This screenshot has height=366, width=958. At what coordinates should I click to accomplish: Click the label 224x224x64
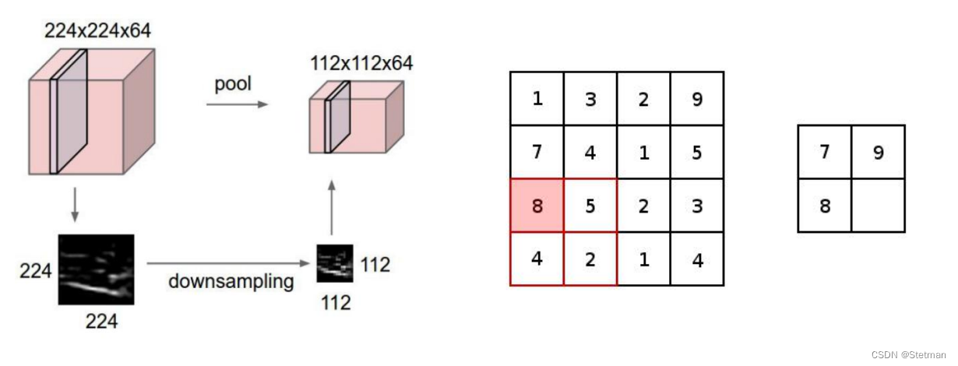tap(97, 32)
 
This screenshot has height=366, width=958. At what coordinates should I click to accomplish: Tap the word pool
tap(233, 83)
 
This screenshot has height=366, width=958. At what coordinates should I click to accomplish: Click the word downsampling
tap(231, 281)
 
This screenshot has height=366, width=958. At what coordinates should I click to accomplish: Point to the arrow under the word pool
tap(236, 104)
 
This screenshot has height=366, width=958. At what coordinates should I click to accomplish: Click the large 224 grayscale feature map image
tap(97, 269)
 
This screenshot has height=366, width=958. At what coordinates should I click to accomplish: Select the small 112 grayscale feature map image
tap(335, 263)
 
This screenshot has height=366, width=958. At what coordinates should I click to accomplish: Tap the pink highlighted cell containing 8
tap(537, 206)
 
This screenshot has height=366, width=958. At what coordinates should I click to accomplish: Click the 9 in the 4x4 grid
tap(697, 99)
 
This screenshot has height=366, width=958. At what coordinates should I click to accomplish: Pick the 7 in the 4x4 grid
tap(537, 153)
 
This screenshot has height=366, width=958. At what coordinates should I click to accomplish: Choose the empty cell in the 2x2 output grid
tap(878, 206)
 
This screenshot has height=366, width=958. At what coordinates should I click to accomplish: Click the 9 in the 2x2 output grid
tap(878, 153)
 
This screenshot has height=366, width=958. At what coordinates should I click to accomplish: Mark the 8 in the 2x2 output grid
tap(825, 206)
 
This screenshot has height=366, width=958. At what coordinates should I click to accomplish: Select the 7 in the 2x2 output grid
tap(825, 153)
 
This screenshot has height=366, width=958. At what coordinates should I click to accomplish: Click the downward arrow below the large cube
tap(75, 204)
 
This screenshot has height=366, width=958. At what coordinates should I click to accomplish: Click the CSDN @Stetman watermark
tap(908, 354)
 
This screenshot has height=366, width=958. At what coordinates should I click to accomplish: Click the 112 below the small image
tap(336, 301)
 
